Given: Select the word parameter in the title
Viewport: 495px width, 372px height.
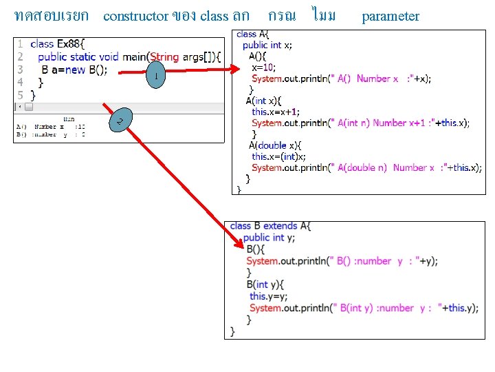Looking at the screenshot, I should coord(390,16).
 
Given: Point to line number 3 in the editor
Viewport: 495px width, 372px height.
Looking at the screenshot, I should coord(21,70).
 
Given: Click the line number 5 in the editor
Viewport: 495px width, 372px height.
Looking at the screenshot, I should coord(21,95).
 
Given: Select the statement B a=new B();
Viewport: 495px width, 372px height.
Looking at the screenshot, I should coord(74,70).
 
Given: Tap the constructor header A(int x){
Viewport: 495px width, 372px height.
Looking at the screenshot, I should coord(262,101).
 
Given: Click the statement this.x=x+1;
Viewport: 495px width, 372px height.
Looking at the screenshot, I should coord(276,112).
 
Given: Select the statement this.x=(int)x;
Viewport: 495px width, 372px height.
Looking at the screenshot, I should coord(278,156).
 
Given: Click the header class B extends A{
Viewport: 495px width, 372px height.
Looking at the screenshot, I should coord(270,225).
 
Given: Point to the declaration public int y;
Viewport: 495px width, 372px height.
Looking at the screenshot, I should coord(269,237).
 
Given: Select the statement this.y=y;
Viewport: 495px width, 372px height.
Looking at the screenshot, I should coord(266,296).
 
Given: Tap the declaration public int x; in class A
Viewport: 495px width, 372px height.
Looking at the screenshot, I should coord(267,45).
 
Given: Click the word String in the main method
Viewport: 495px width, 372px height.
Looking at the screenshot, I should coord(164,56).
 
